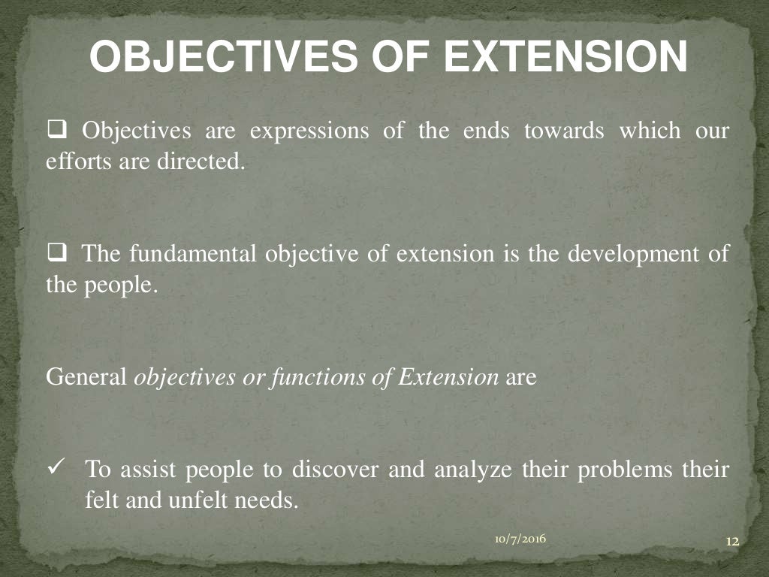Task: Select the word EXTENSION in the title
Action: [565, 56]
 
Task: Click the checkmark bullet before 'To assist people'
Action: [58, 468]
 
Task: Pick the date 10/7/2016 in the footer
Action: [520, 538]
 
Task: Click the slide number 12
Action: [733, 542]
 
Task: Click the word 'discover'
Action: [335, 470]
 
